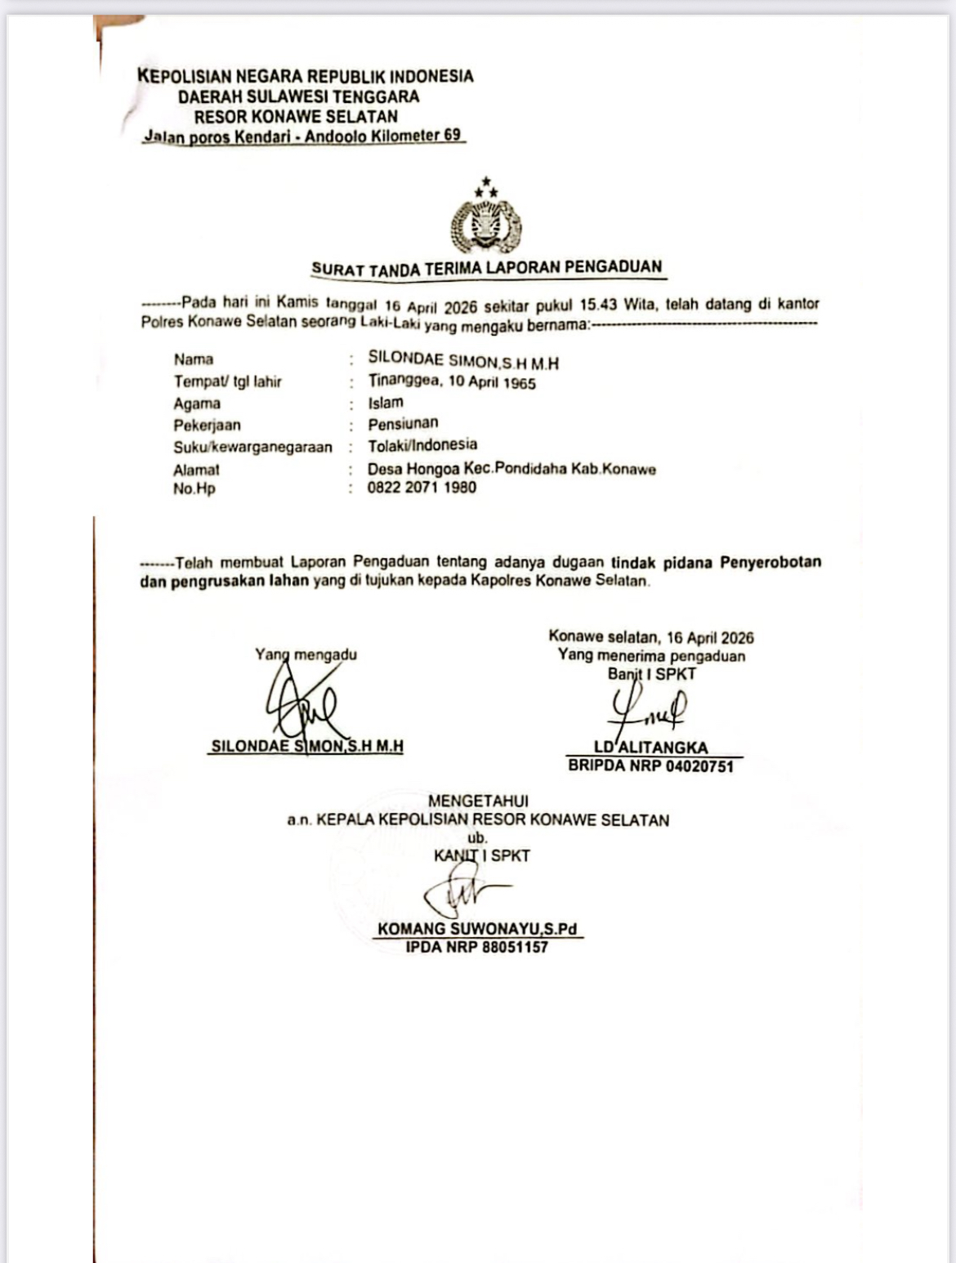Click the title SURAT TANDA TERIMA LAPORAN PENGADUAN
[x=486, y=268]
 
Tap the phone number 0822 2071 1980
[x=422, y=488]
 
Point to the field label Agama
[x=197, y=404]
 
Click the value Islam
[x=386, y=403]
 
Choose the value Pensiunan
[x=403, y=423]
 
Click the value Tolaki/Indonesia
[x=422, y=445]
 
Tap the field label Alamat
[x=196, y=470]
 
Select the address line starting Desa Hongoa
[x=512, y=469]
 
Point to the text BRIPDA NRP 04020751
[x=650, y=766]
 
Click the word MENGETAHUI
[x=478, y=801]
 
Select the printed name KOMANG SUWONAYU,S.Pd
[x=477, y=929]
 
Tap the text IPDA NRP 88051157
[x=477, y=948]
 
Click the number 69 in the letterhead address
[x=452, y=135]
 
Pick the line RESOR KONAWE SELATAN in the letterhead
[x=296, y=116]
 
